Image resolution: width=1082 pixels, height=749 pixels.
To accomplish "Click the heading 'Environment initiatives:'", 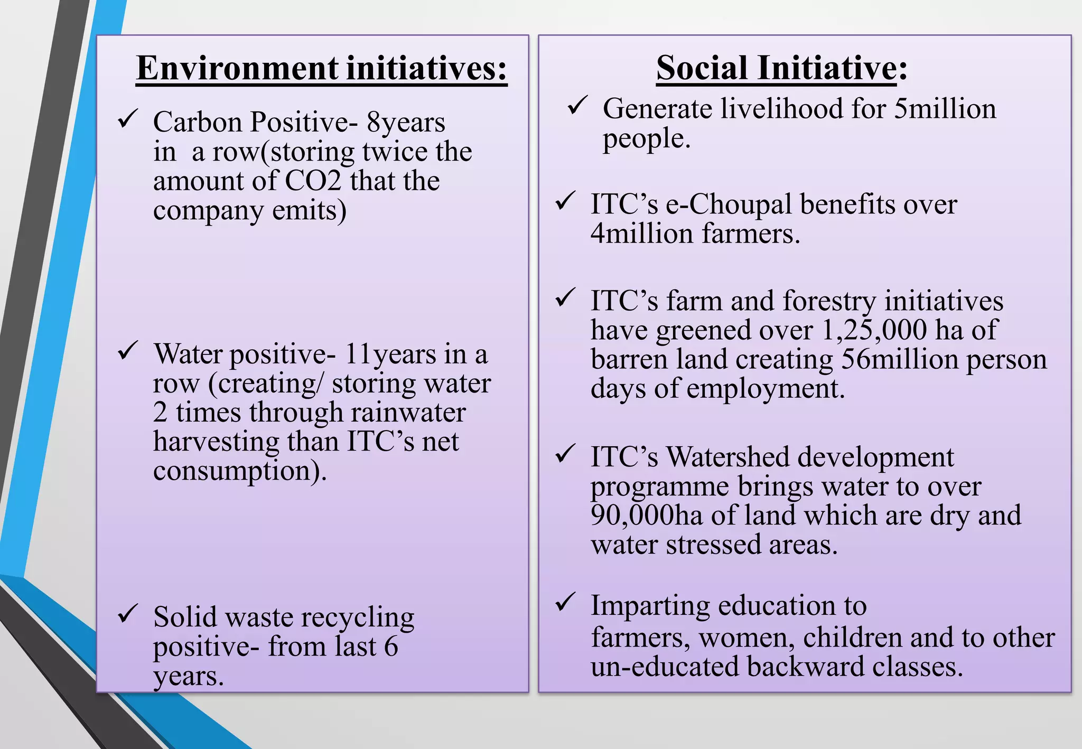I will (321, 69).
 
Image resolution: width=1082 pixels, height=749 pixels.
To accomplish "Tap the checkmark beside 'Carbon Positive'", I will (128, 118).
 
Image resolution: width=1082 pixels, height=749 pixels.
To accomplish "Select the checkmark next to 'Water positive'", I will (128, 350).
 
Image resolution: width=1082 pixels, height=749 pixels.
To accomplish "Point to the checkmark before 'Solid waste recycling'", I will (128, 613).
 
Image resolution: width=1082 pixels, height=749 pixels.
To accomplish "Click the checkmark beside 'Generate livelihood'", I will (577, 105).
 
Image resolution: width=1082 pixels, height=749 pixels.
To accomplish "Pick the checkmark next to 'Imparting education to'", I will (565, 602).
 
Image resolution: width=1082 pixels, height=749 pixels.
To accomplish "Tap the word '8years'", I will (406, 123).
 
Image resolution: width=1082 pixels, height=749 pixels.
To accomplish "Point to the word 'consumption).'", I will (240, 471).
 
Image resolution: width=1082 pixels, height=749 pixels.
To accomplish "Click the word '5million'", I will (945, 109).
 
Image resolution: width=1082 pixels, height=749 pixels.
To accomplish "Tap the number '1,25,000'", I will (874, 331).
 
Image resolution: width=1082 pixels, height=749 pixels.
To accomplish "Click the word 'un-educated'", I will (664, 667).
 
